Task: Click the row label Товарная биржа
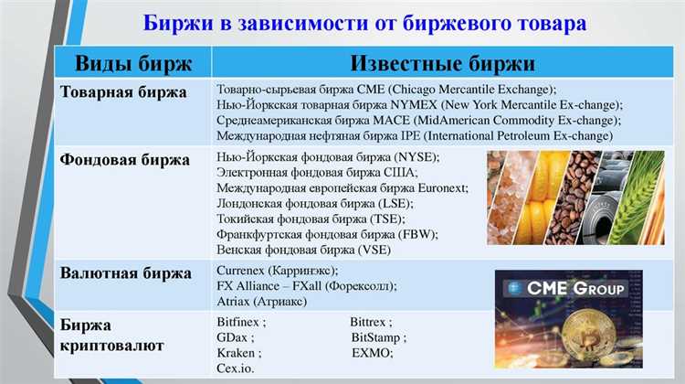(123, 92)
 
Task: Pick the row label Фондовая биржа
(125, 159)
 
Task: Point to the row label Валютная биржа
(125, 273)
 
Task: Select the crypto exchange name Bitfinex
(238, 322)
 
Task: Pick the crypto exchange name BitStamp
(377, 337)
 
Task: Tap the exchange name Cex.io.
(236, 368)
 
